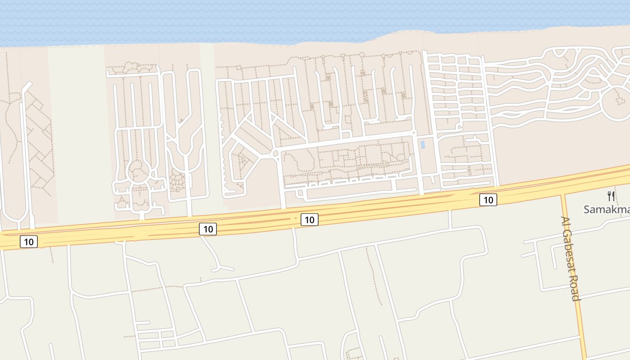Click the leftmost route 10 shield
(29, 242)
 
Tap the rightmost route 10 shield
(488, 200)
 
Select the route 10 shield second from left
(208, 229)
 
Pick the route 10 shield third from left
(309, 220)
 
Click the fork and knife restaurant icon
(611, 196)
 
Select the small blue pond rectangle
(423, 145)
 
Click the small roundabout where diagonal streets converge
(275, 154)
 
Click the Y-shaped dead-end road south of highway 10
(218, 263)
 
